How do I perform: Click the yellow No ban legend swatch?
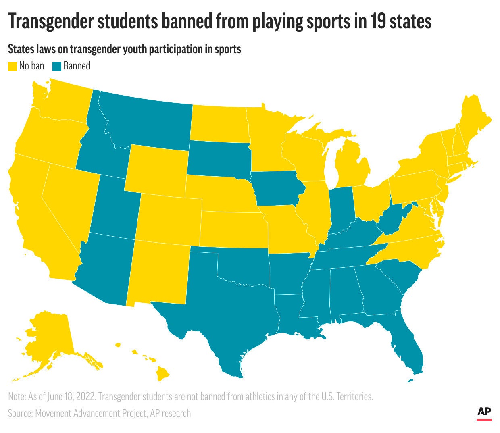13,66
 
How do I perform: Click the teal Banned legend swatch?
57,66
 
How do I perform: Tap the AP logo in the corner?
484,412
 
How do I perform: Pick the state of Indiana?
341,210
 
